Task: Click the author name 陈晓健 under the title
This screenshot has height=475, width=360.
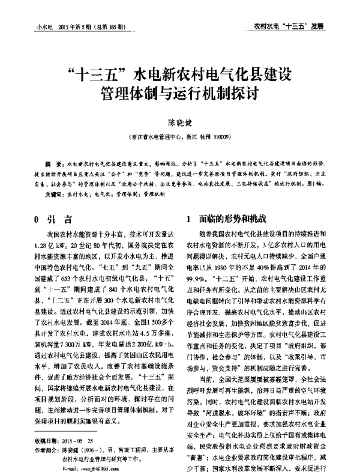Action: (181, 123)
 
